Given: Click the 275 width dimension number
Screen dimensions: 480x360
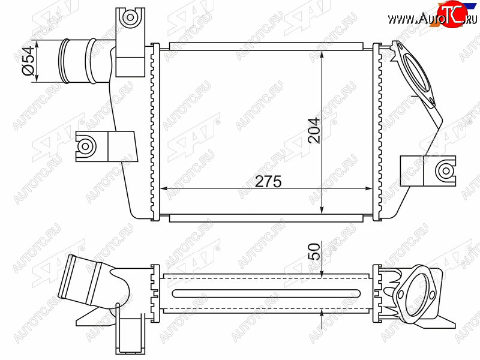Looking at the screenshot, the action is pos(268,182).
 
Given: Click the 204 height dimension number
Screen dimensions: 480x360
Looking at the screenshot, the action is pos(314,130).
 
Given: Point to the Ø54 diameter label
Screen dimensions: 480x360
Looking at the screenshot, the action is pos(28,61).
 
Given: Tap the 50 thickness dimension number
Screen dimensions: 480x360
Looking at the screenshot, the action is pos(314,251).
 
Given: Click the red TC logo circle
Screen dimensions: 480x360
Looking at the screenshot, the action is pos(452,13).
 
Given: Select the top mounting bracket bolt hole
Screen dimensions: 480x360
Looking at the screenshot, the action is pos(130,17).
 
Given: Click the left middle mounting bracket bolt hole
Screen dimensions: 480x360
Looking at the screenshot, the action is pos(85,146).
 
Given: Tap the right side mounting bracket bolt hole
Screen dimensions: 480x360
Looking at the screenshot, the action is pos(445,171).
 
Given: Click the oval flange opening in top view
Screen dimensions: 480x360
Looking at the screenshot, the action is pos(415,73).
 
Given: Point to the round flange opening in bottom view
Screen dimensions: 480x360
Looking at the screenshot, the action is pos(414,294).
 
